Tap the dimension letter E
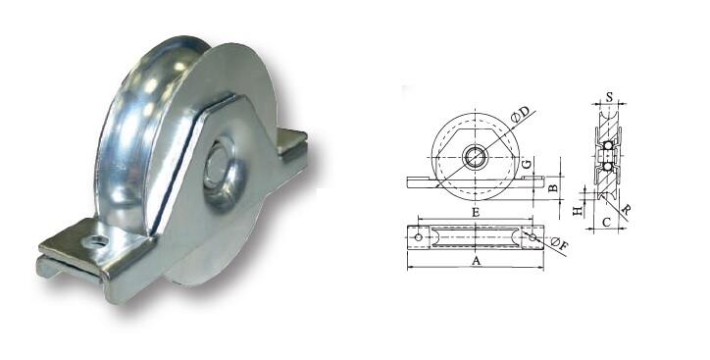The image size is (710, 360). (476, 211)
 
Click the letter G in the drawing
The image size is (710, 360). (528, 163)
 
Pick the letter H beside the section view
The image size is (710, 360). (579, 208)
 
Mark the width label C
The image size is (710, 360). (608, 223)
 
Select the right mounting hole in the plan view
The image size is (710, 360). (533, 236)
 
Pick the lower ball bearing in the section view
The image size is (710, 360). (608, 167)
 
